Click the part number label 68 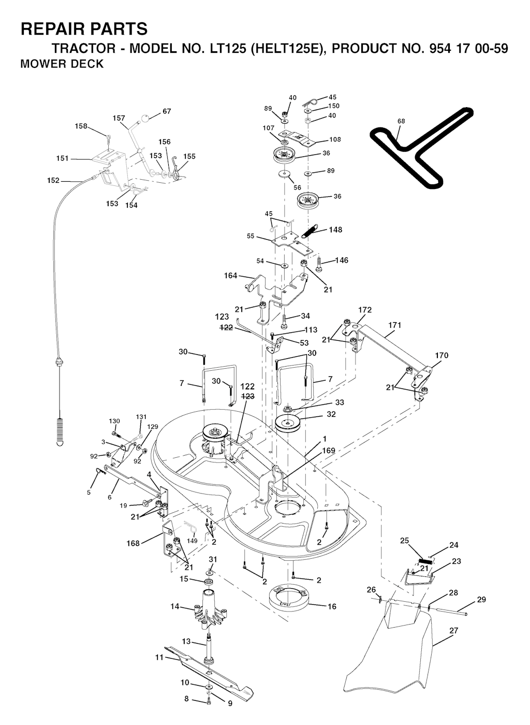pyautogui.click(x=401, y=121)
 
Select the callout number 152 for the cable pyautogui.click(x=53, y=180)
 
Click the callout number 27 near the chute pyautogui.click(x=454, y=630)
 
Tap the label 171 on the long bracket pyautogui.click(x=395, y=325)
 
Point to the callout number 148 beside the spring pyautogui.click(x=335, y=229)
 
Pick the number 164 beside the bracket pyautogui.click(x=231, y=275)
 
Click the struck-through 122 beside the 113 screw pyautogui.click(x=227, y=327)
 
